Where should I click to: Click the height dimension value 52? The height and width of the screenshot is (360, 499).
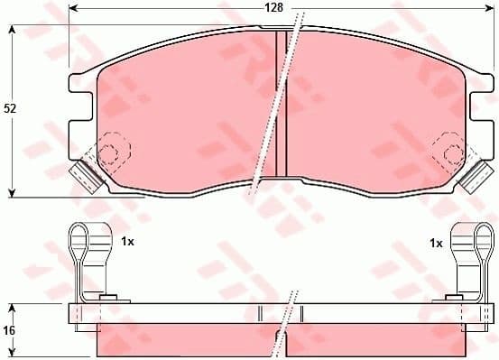[x=11, y=108]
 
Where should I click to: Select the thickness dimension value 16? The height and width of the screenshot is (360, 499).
[x=10, y=332]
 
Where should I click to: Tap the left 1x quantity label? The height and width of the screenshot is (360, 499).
[x=127, y=243]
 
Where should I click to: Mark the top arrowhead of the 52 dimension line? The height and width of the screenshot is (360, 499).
[x=12, y=29]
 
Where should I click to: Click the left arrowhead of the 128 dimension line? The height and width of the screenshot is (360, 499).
[x=73, y=10]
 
